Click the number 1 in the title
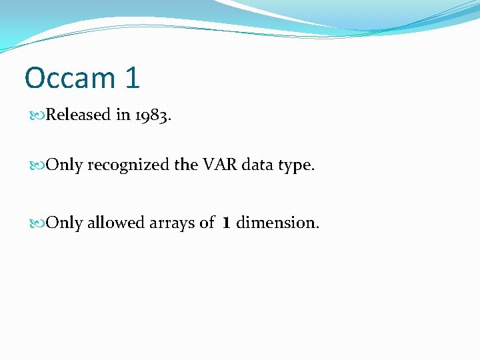click(x=132, y=78)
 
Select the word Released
click(x=79, y=115)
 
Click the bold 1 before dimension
click(x=226, y=223)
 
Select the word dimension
click(x=277, y=223)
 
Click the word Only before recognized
click(x=65, y=165)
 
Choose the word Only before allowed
click(x=65, y=223)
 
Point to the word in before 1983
click(x=123, y=115)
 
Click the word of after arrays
click(x=207, y=223)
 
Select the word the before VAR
click(x=185, y=165)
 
